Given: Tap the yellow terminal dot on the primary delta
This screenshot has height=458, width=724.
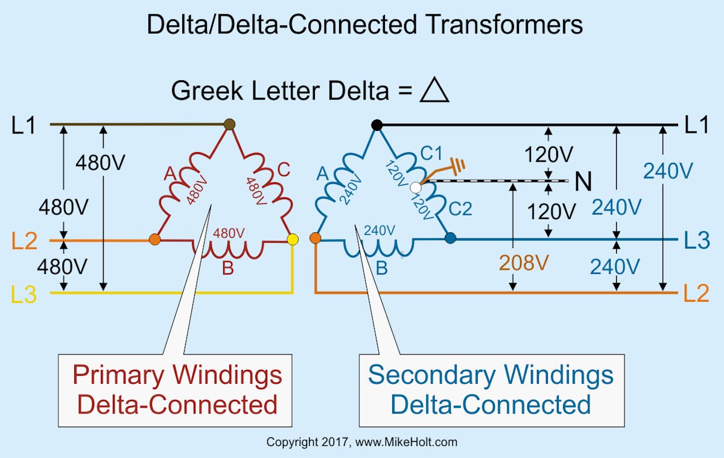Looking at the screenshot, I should (x=293, y=240).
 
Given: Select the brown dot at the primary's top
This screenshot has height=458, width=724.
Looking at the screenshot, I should (x=229, y=124).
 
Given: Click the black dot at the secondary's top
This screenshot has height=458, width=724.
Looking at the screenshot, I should (x=376, y=125).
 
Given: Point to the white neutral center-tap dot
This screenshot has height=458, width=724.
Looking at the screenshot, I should (x=415, y=188).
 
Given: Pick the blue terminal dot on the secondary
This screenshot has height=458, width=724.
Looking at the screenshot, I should (x=450, y=238).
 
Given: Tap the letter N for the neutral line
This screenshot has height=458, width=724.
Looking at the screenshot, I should (x=583, y=182).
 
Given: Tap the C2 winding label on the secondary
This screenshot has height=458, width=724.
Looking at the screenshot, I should (x=459, y=209).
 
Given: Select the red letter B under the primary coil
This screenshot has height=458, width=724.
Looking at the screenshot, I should (x=227, y=269).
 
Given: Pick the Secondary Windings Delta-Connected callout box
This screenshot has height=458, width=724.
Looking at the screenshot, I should (x=490, y=390).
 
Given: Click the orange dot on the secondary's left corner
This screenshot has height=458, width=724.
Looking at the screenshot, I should (x=315, y=238).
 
